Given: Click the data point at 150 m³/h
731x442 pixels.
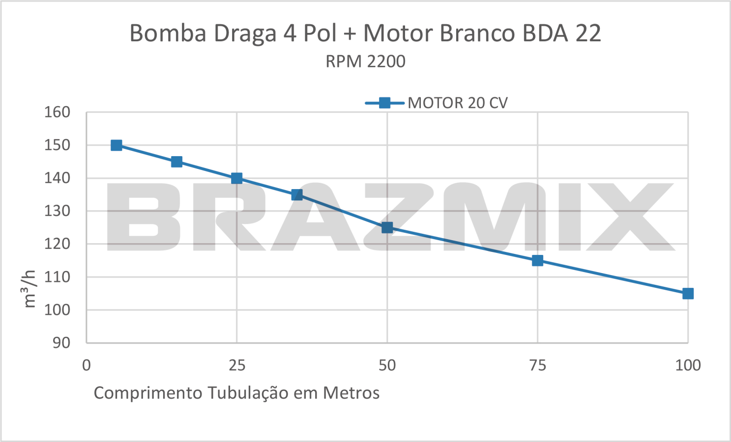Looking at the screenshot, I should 117,145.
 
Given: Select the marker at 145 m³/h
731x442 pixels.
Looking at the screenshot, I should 176,162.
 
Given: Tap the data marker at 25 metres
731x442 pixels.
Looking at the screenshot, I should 236,178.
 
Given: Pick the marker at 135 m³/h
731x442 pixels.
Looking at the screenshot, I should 297,195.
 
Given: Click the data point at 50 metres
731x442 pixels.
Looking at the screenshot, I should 387,227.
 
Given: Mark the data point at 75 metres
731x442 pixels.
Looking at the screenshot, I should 537,260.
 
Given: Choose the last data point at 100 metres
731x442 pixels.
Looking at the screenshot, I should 688,294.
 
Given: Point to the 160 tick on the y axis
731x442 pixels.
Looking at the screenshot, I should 58,112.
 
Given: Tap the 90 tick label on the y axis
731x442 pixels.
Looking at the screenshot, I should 62,343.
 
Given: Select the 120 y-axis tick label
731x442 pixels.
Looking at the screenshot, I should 58,244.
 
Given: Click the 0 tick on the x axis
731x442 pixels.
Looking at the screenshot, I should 87,365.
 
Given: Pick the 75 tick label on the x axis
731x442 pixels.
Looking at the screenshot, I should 537,365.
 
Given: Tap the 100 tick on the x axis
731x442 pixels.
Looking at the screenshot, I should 688,365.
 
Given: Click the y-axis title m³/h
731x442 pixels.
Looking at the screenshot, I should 30,289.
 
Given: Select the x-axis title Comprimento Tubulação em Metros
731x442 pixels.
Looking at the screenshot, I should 236,393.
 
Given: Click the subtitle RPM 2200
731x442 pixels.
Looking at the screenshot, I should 365,62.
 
